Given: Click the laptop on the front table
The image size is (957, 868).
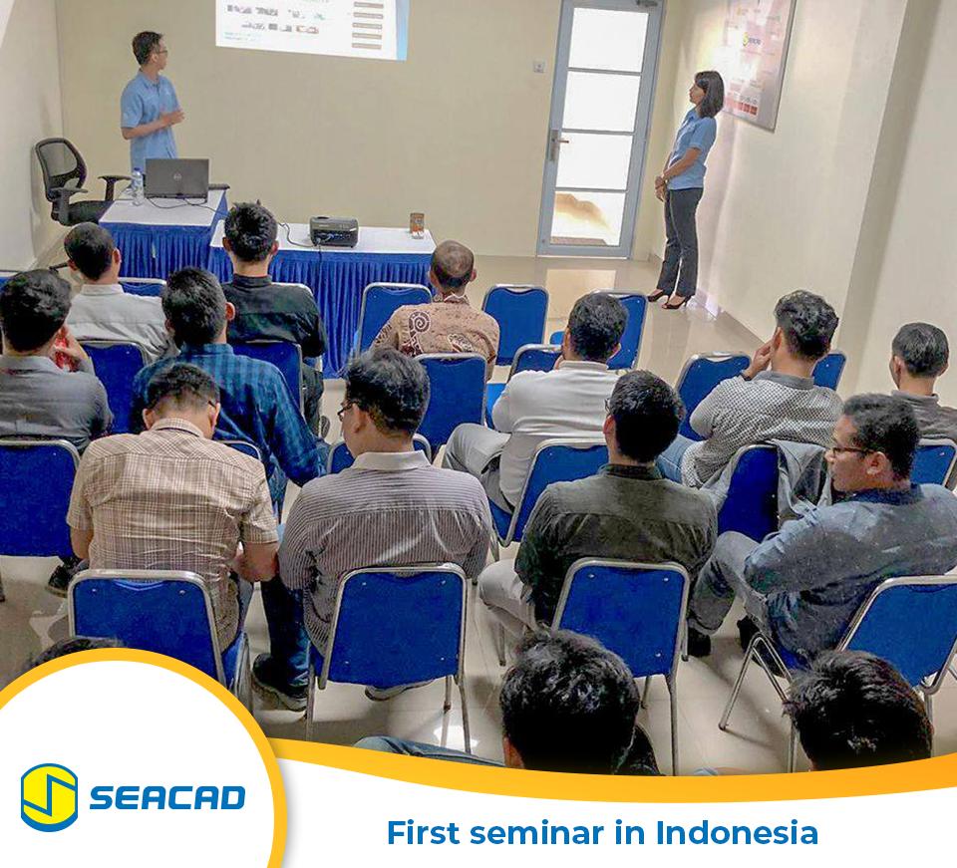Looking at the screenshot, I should click(x=176, y=178).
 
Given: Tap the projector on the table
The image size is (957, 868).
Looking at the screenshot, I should click(x=333, y=231).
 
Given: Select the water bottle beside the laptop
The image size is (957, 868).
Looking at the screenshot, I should click(x=137, y=186).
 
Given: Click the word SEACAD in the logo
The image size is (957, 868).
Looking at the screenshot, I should click(x=166, y=797).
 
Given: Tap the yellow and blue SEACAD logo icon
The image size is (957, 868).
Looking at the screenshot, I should click(x=49, y=796).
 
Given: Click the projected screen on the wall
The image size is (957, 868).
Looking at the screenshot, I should click(x=311, y=25).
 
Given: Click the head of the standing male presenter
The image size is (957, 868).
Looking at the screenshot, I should click(x=149, y=49).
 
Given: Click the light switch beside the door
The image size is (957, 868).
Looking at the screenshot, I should click(x=538, y=67).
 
